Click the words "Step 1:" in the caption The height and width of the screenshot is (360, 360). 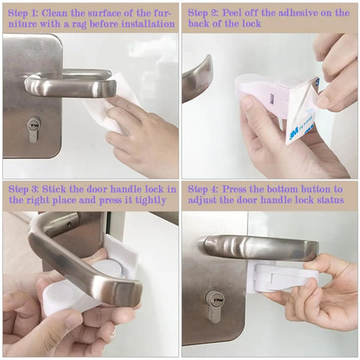point(24,13)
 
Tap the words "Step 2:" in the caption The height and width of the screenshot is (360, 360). point(205,13)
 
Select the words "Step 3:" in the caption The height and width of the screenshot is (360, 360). point(24,189)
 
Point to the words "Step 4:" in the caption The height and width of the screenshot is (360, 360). point(205,189)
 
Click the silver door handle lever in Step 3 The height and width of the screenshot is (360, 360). point(82,255)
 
